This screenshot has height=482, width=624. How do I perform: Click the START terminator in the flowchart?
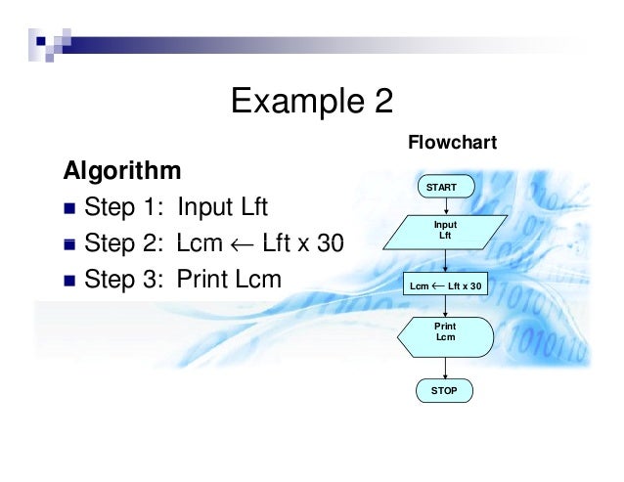(445, 186)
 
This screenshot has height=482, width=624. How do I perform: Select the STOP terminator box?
(445, 391)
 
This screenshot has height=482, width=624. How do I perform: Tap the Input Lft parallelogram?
(445, 231)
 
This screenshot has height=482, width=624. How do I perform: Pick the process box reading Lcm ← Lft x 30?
(445, 285)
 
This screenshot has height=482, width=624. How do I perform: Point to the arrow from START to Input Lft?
(445, 205)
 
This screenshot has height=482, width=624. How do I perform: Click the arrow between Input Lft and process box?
(445, 259)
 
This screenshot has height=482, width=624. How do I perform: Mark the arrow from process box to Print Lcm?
(445, 306)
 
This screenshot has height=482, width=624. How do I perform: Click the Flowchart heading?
(452, 143)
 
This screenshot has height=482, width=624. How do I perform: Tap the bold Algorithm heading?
(122, 171)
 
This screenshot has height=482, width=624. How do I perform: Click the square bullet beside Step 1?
(68, 208)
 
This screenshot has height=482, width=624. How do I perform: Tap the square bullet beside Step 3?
(68, 281)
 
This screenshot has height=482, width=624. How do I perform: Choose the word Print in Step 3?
(199, 280)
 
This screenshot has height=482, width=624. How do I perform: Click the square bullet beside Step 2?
(68, 244)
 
